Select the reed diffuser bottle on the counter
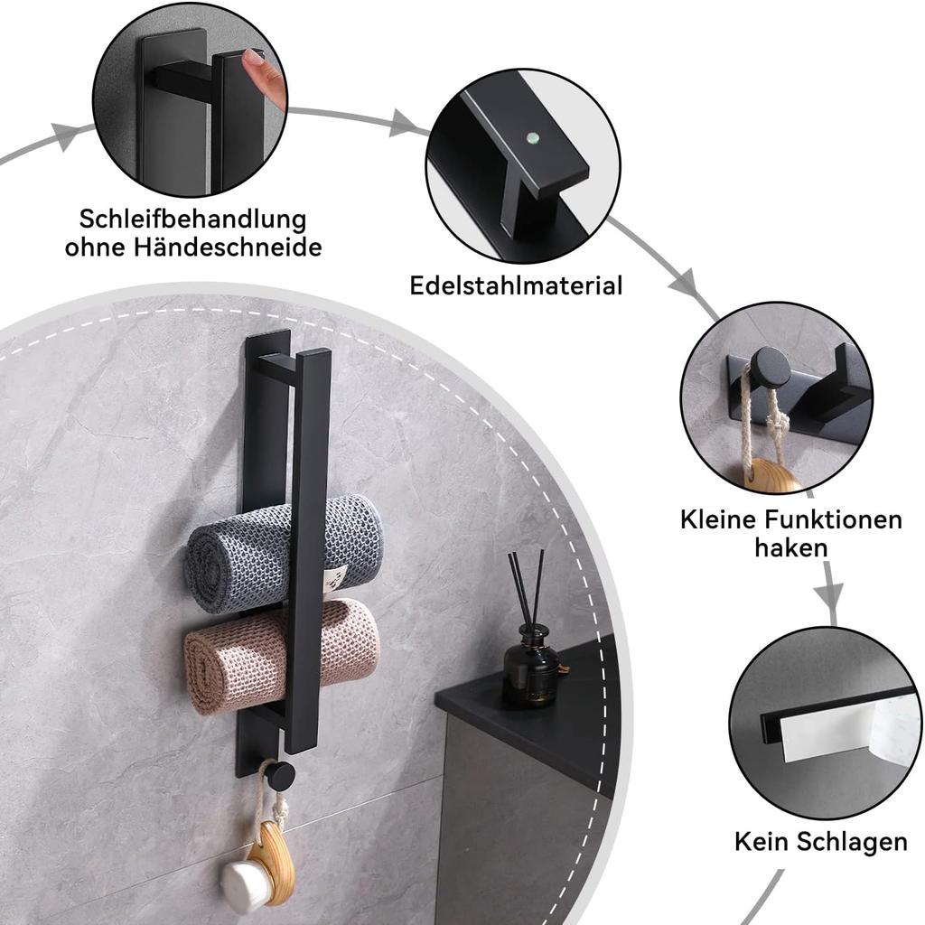(531, 668)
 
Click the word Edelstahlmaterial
(516, 286)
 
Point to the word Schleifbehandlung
(192, 220)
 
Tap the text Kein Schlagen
(820, 842)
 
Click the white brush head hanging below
(243, 884)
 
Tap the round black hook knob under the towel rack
(280, 774)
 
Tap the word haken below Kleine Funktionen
(790, 547)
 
